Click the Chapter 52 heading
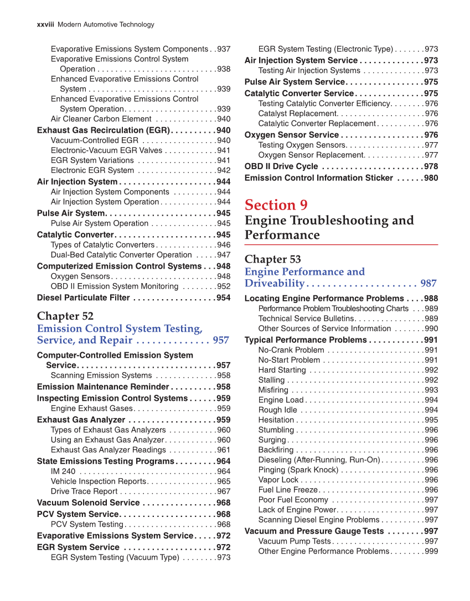65,316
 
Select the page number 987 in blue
428,284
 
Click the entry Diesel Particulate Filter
83,297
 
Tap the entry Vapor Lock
278,480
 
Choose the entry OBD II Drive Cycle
281,166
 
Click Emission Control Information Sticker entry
318,178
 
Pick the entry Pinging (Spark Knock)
298,470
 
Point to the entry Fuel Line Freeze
288,490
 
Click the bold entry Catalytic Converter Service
298,93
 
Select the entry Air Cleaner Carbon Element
101,119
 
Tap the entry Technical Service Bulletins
306,318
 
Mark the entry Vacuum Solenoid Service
88,503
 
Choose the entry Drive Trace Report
84,491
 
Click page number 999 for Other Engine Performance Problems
431,551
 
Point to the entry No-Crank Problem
291,350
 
